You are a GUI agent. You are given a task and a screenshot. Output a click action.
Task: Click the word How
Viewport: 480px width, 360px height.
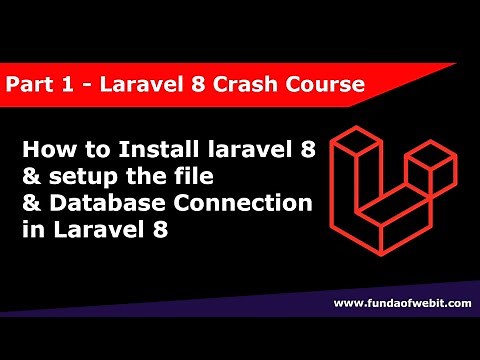click(x=44, y=152)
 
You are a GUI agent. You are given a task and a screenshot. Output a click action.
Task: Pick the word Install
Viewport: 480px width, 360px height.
click(x=140, y=152)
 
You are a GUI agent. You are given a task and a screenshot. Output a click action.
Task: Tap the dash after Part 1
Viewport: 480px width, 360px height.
click(x=80, y=85)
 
